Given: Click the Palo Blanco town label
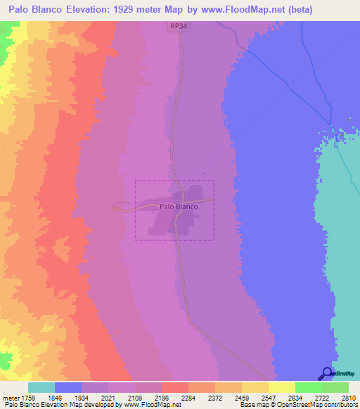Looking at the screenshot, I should (x=179, y=207).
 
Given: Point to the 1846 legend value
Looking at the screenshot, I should (x=66, y=397).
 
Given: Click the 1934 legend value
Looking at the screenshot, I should (x=95, y=397).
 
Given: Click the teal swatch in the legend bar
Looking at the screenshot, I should (x=41, y=387).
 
